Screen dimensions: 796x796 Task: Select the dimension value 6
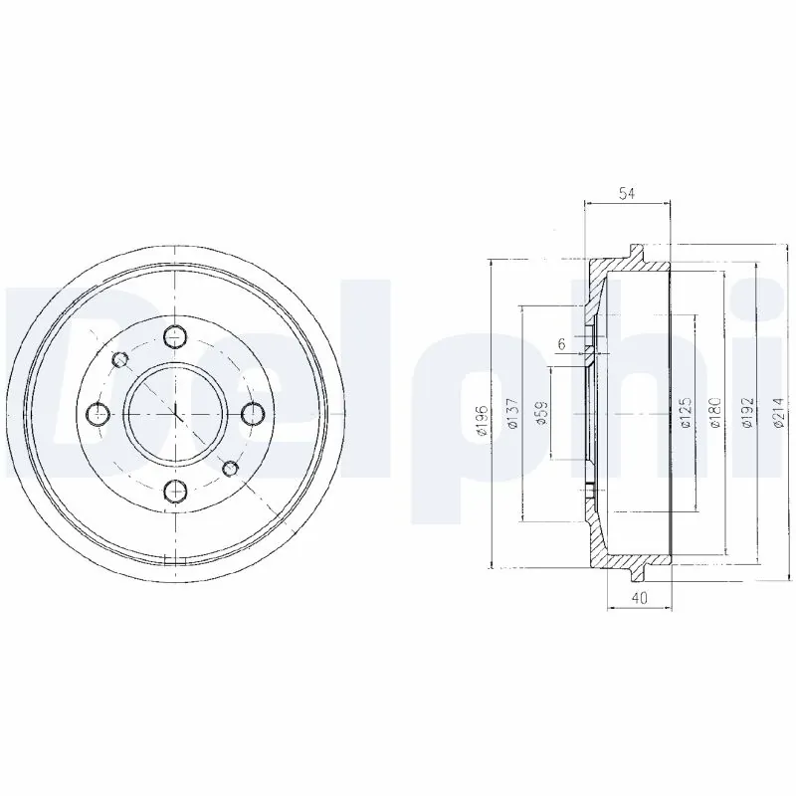click(562, 344)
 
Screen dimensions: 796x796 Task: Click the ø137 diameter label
click(512, 415)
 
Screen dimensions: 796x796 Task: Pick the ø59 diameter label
click(542, 415)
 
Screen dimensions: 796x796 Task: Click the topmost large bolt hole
click(175, 335)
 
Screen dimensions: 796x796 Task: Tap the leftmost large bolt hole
click(98, 412)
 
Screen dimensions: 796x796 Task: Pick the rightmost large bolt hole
click(252, 412)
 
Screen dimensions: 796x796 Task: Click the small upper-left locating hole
click(120, 358)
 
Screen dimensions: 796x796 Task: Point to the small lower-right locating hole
click(230, 467)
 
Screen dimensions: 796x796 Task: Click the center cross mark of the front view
click(175, 412)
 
